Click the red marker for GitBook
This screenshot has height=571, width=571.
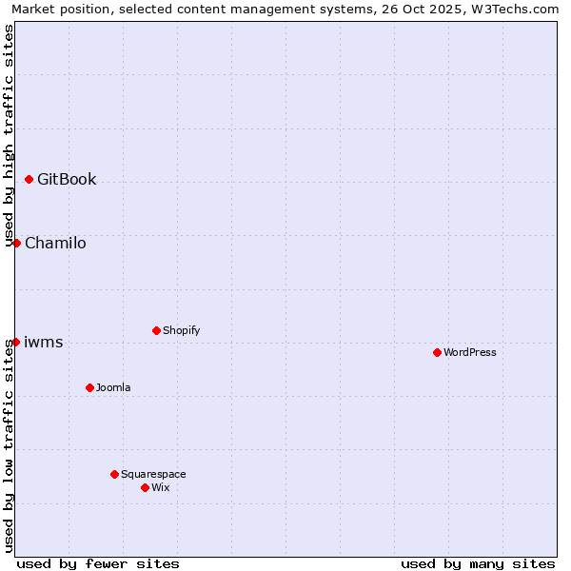coord(29,179)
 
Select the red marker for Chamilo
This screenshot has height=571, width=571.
coord(16,243)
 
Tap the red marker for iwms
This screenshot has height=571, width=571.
coord(15,342)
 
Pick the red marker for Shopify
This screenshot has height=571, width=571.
coord(156,330)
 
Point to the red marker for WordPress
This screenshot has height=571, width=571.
coord(437,352)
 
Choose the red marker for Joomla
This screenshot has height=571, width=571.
coord(89,387)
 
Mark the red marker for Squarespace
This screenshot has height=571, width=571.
coord(114,474)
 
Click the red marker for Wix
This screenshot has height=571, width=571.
coord(145,487)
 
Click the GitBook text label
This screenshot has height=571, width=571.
coord(67,179)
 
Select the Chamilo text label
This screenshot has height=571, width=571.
coord(55,243)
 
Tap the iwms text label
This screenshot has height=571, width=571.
coord(44,342)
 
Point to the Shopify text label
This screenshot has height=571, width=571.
coord(181,330)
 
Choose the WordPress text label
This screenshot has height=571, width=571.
coord(470,352)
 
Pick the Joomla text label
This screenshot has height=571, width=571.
coord(113,387)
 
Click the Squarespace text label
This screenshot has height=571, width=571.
coord(153,474)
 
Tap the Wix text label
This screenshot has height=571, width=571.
coord(161,487)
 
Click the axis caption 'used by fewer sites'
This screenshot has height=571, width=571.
coord(98,563)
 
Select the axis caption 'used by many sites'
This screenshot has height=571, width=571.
coord(478,563)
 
